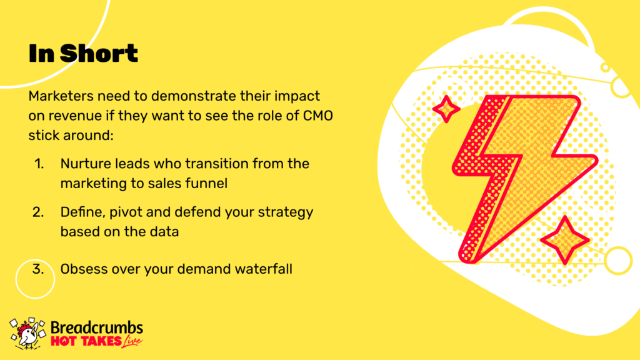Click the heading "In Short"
(83, 53)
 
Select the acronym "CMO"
(318, 116)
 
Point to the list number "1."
(39, 164)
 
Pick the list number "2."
(38, 212)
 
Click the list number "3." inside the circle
(38, 269)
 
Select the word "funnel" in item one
(206, 183)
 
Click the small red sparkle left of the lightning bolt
(446, 109)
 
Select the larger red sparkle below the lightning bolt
(565, 241)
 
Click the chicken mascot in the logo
(27, 334)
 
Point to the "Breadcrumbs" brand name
(97, 327)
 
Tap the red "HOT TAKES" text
(86, 341)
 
